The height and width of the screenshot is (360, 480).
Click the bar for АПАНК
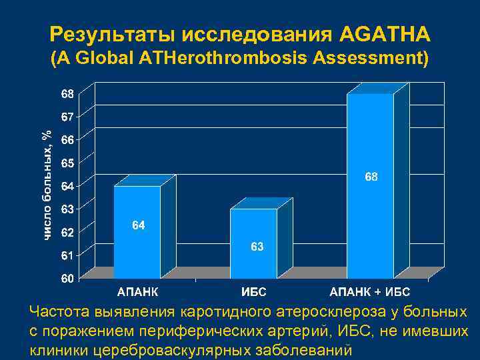(x=137, y=233)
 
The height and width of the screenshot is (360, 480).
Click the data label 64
(x=138, y=226)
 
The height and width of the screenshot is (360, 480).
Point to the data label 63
(x=257, y=247)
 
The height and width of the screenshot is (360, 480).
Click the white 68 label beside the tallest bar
(x=371, y=177)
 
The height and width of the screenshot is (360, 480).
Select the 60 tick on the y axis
(x=68, y=279)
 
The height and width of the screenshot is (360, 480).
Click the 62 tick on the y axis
(x=68, y=232)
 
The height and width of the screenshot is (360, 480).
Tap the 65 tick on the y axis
(x=68, y=162)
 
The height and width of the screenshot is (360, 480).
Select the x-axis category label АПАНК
(x=138, y=292)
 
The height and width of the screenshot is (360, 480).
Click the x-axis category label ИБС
(x=254, y=292)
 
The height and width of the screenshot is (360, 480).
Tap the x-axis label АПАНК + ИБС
(x=370, y=292)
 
